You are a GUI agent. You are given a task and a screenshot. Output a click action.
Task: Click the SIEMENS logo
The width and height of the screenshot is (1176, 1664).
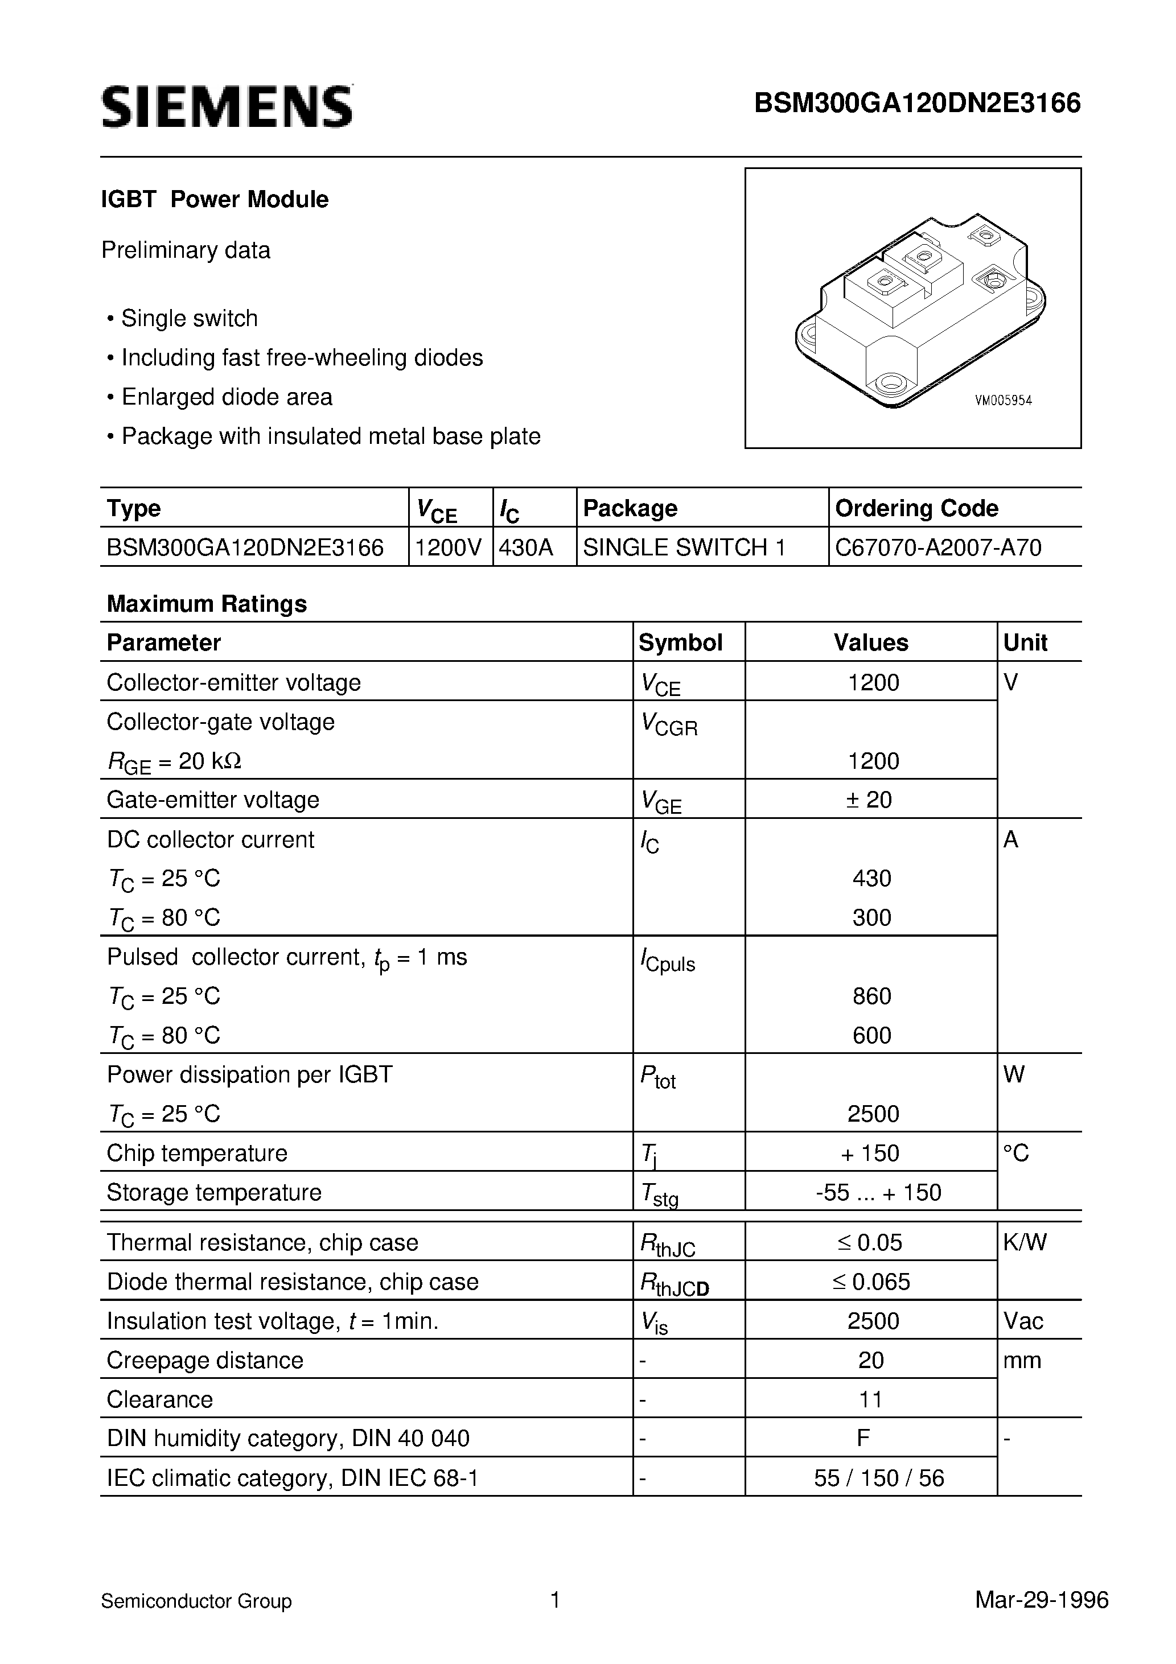tap(227, 107)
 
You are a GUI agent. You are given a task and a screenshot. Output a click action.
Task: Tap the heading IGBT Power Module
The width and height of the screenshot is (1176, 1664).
tap(215, 199)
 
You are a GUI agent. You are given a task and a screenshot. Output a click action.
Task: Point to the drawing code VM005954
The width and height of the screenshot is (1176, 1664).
tap(1004, 401)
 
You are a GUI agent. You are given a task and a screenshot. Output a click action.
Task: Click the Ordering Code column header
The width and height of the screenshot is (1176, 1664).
tap(916, 508)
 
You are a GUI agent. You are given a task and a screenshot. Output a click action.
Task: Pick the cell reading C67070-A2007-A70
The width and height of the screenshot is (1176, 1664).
tap(938, 547)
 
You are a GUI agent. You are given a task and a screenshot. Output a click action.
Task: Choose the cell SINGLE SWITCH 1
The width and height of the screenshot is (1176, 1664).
tap(684, 547)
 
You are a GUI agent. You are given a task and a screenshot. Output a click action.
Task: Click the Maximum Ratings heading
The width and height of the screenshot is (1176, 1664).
tap(207, 604)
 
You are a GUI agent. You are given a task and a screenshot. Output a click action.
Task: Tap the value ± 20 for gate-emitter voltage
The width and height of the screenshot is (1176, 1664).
tap(869, 800)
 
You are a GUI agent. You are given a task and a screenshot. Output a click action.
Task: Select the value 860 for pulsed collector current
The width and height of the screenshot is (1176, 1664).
tap(871, 996)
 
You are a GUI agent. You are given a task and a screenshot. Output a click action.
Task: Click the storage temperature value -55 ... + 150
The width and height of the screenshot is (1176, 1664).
tap(878, 1192)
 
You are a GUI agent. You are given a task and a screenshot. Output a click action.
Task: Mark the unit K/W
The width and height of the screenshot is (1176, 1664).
tap(1025, 1242)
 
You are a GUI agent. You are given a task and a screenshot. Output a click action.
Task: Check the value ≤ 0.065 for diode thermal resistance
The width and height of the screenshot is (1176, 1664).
tap(871, 1282)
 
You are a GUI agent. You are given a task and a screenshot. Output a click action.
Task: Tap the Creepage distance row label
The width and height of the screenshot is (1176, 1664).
tap(205, 1360)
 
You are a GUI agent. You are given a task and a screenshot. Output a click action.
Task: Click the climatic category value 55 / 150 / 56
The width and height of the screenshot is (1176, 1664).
tap(879, 1478)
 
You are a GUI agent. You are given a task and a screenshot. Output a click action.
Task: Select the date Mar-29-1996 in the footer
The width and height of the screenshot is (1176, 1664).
tap(1042, 1600)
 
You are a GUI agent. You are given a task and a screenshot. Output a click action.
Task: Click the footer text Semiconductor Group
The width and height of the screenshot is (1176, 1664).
tap(196, 1601)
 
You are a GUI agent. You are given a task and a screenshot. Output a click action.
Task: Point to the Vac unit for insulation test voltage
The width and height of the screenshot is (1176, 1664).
tap(1023, 1321)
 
